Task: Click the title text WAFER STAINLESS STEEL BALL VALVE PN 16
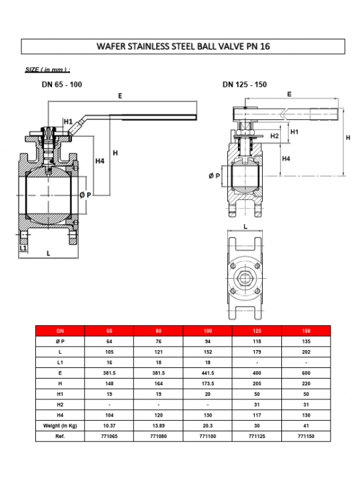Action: point(183,46)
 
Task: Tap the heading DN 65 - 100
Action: point(62,85)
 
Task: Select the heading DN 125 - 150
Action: point(245,85)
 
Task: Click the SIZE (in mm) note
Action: point(47,69)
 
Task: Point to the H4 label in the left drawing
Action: point(100,161)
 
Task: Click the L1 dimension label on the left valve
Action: point(23,247)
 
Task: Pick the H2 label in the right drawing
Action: point(275,136)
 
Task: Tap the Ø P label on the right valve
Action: point(214,176)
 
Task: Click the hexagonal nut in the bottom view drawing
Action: point(245,278)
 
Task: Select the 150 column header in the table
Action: point(306,331)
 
